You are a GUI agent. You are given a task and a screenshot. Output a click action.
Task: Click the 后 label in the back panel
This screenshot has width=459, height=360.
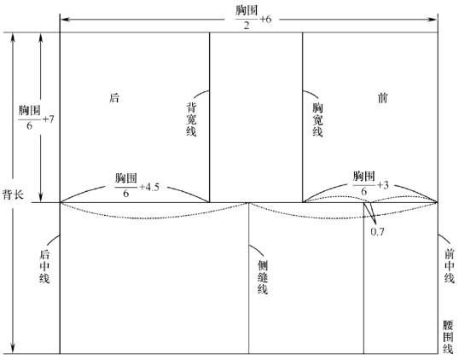114,98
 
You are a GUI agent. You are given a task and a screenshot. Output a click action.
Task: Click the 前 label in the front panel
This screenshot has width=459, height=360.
382,98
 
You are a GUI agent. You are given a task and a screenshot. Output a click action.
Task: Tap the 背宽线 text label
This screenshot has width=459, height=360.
191,119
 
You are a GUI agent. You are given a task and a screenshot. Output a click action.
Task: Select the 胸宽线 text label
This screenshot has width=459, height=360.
317,119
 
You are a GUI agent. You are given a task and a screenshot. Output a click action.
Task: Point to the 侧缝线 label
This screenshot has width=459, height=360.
263,277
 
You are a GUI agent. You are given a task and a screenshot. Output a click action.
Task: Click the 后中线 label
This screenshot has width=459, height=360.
44,266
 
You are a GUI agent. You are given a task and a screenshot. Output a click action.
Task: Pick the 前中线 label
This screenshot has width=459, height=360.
450,266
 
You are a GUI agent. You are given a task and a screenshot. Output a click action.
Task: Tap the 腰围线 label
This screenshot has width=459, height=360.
448,337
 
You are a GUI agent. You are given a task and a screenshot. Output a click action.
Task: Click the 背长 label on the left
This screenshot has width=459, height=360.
13,195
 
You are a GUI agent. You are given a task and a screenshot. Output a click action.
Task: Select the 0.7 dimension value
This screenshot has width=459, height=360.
377,232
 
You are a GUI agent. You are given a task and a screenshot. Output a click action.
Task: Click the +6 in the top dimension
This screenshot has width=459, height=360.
265,20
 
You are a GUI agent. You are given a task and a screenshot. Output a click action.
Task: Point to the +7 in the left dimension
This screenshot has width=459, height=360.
49,119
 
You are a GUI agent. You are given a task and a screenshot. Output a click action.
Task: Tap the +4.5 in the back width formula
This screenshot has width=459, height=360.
149,187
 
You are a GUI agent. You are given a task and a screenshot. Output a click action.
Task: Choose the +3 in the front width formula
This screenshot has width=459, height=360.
382,185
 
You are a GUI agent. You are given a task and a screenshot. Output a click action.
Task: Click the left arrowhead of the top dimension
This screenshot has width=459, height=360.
65,20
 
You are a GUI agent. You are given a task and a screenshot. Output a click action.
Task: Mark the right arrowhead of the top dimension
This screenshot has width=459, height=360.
433,20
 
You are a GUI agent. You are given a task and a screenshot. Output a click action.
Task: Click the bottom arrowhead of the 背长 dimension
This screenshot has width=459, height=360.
13,349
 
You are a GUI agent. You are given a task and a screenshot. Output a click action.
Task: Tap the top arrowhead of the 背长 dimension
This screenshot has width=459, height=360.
13,38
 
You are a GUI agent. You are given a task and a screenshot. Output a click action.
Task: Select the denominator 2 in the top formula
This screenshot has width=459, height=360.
247,26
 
